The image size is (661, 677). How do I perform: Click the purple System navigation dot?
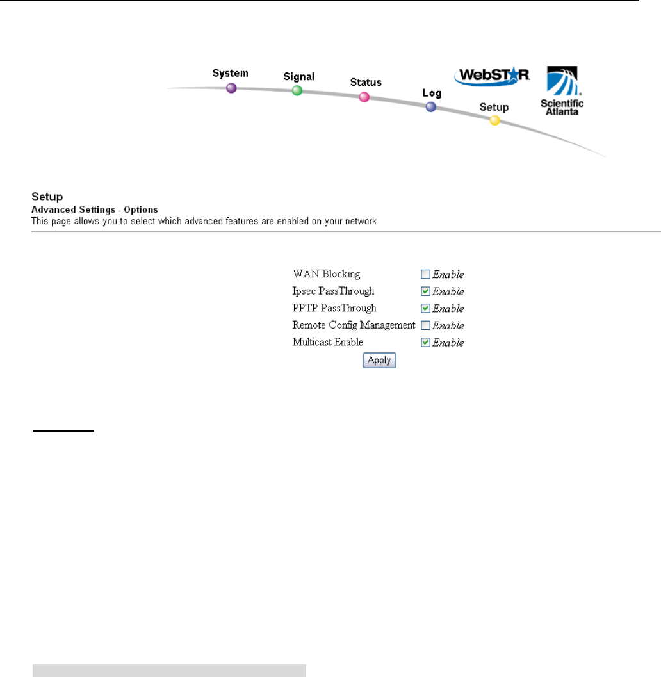pyautogui.click(x=232, y=88)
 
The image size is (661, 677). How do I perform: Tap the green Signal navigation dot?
pyautogui.click(x=297, y=91)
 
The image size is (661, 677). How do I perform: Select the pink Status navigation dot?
pyautogui.click(x=364, y=97)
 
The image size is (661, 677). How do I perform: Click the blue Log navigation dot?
pyautogui.click(x=431, y=108)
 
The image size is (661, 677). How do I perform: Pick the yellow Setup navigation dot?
pyautogui.click(x=494, y=120)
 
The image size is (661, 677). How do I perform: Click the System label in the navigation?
pyautogui.click(x=230, y=73)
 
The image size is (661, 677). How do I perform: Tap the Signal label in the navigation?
pyautogui.click(x=298, y=77)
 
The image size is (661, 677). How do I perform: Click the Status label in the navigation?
pyautogui.click(x=366, y=82)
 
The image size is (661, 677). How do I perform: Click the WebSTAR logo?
pyautogui.click(x=492, y=76)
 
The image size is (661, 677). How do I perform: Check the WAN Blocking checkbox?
pyautogui.click(x=425, y=275)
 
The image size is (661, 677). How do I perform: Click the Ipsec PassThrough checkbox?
pyautogui.click(x=425, y=291)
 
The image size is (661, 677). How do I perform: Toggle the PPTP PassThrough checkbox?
pyautogui.click(x=425, y=308)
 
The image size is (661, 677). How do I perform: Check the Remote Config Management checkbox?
pyautogui.click(x=425, y=325)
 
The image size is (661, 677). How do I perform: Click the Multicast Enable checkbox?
pyautogui.click(x=425, y=342)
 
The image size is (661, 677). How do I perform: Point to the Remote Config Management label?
pyautogui.click(x=354, y=325)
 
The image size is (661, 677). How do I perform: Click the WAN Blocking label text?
pyautogui.click(x=326, y=274)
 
